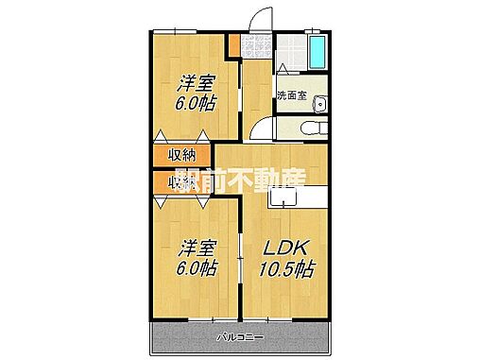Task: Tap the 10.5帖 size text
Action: [x=283, y=268]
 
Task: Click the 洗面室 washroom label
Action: [x=292, y=96]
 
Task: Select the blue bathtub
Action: [x=317, y=54]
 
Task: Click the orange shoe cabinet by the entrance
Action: [x=232, y=43]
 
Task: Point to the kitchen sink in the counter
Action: [x=282, y=198]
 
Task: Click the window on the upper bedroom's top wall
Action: [x=185, y=33]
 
